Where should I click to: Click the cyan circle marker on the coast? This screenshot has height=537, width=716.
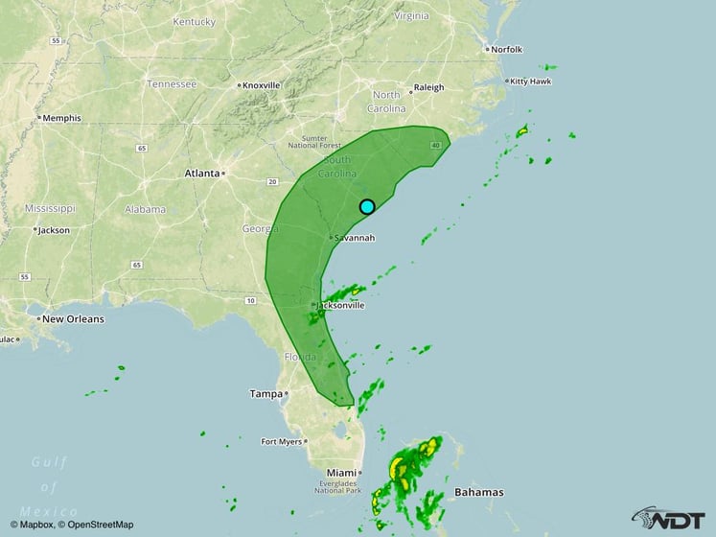367,206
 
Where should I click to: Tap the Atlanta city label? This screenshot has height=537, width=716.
202,174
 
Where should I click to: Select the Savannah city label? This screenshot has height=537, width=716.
355,238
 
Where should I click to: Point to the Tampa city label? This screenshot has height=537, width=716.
266,393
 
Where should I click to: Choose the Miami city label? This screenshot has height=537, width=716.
340,473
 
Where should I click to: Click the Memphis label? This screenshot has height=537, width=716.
59,118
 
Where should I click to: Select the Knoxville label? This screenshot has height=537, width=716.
261,85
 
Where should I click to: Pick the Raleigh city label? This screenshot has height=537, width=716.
428,87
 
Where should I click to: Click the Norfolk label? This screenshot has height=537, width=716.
506,49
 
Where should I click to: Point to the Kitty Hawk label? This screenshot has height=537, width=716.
530,82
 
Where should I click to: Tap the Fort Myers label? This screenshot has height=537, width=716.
282,442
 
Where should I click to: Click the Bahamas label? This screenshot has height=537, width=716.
479,492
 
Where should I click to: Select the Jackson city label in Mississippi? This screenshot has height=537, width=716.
55,230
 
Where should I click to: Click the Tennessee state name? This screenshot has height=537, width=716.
172,83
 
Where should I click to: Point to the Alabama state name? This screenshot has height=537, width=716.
145,209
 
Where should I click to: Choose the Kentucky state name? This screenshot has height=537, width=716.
194,21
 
